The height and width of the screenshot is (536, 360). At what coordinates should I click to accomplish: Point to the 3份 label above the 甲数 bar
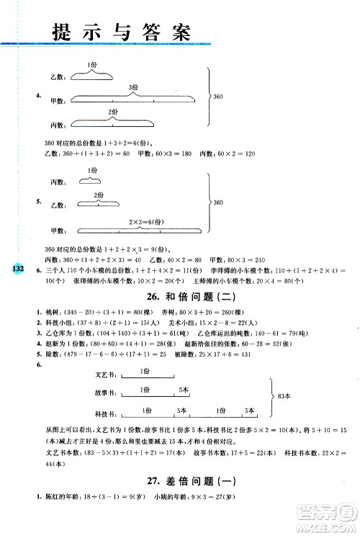click(133, 87)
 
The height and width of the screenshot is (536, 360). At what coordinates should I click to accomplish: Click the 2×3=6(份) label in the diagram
click(145, 222)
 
